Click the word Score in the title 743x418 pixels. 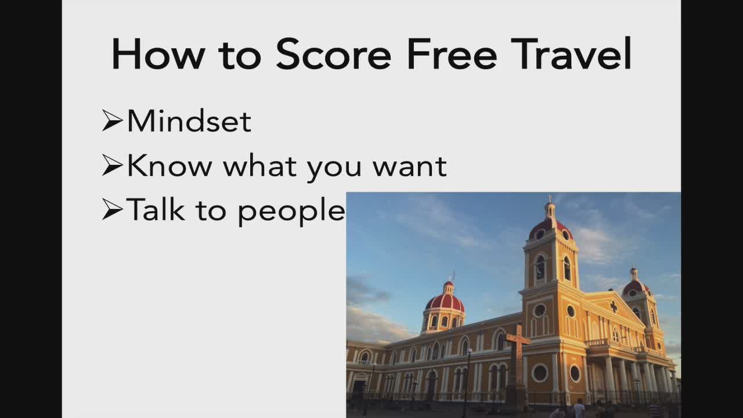point(333,54)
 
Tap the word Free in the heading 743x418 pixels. point(452,54)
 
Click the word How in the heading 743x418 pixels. point(158,54)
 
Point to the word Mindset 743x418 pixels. point(189,121)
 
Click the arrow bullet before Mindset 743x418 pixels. point(113,120)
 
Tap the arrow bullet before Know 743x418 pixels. point(113,165)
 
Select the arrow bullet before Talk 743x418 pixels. point(113,210)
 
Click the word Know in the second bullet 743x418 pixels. point(169,165)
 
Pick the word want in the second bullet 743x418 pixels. point(410,167)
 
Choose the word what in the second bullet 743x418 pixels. point(259,165)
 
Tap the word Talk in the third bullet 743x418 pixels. point(155,209)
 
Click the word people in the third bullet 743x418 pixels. point(291,212)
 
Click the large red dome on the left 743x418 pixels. point(445,302)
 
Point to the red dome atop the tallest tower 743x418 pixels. point(551,229)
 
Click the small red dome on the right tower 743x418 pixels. point(636,287)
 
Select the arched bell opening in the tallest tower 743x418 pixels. point(540,268)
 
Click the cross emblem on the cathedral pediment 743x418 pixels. point(614,307)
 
